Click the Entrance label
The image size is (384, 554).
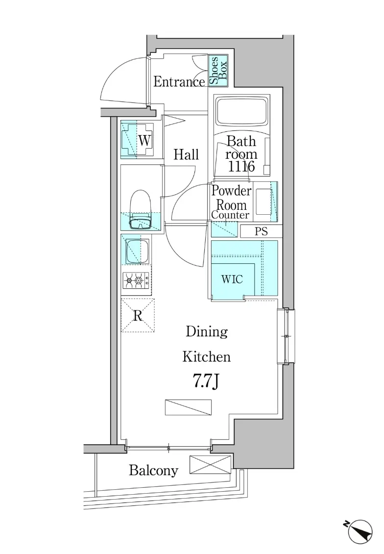pyautogui.click(x=179, y=82)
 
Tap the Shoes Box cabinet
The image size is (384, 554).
pyautogui.click(x=218, y=71)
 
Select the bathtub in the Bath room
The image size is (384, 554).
pyautogui.click(x=242, y=111)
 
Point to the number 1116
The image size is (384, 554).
pyautogui.click(x=241, y=166)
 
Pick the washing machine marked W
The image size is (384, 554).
pyautogui.click(x=137, y=140)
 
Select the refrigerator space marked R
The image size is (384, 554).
pyautogui.click(x=138, y=316)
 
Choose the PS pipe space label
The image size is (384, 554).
pyautogui.click(x=261, y=231)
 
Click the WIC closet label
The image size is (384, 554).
pyautogui.click(x=232, y=279)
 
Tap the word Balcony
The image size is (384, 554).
pyautogui.click(x=153, y=471)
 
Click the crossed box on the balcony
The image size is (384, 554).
pyautogui.click(x=210, y=465)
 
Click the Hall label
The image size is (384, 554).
pyautogui.click(x=186, y=154)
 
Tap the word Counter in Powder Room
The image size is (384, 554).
pyautogui.click(x=230, y=215)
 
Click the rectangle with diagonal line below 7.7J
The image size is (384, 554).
pyautogui.click(x=188, y=407)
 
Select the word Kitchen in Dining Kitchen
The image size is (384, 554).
pyautogui.click(x=207, y=357)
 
